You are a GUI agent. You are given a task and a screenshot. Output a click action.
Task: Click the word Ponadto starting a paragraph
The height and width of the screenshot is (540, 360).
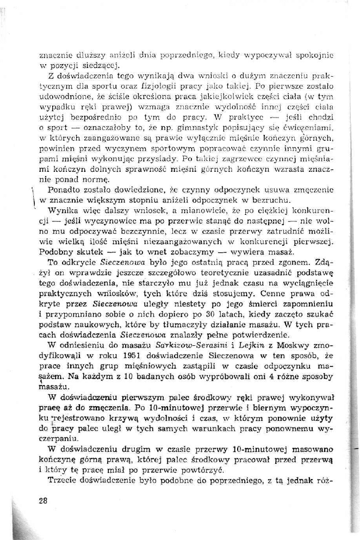[x=64, y=191]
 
